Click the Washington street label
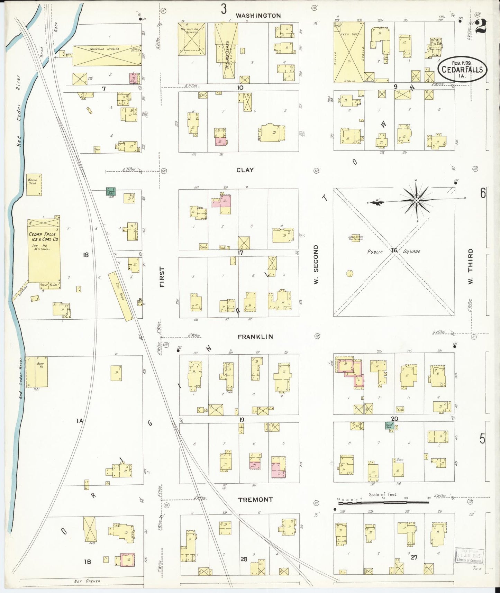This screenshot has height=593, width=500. (x=258, y=16)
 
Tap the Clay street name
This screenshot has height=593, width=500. (x=245, y=170)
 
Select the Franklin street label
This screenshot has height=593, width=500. (x=255, y=337)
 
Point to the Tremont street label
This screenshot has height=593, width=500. (x=255, y=500)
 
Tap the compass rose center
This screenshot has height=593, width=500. (x=417, y=200)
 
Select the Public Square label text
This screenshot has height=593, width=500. (x=394, y=252)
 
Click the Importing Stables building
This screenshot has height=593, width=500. (x=107, y=55)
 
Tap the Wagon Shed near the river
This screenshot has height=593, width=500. (x=34, y=185)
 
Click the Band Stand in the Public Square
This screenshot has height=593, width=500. (x=355, y=238)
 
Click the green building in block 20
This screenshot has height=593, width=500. (x=389, y=425)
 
